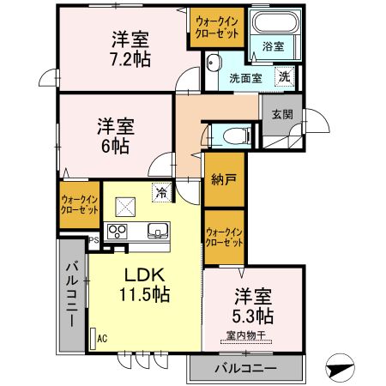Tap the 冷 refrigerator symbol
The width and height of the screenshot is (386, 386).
(160, 192)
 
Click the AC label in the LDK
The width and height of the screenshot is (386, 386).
(102, 338)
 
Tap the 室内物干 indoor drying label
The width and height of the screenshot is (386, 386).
(247, 335)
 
